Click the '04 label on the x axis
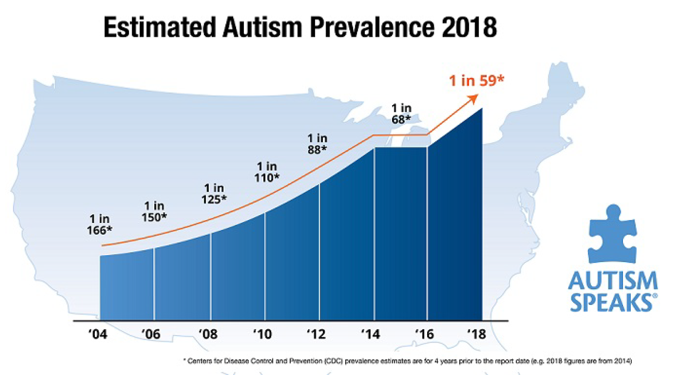pos(97,334)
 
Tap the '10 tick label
pos(262,334)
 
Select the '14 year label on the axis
pos(370,334)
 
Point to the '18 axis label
pos(476,334)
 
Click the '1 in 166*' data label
pos(100,225)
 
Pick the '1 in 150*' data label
pos(154,212)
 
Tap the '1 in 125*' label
pos(214,194)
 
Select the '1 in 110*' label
pos(267,172)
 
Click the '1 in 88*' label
pos(317,144)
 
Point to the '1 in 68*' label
pos(401,113)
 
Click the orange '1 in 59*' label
pos(477,81)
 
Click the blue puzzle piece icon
pos(613,234)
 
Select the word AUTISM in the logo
pos(613,281)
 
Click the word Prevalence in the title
pos(372,27)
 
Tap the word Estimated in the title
pos(160,27)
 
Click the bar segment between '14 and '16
pos(401,234)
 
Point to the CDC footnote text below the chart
pos(407,361)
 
